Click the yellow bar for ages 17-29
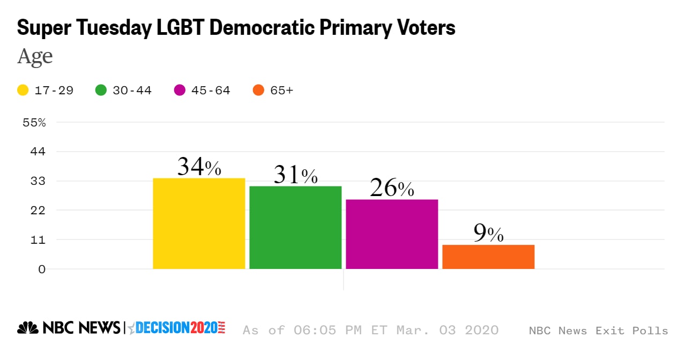tap(199, 223)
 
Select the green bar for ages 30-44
tap(295, 227)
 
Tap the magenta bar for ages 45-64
tap(392, 234)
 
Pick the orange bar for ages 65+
tap(488, 257)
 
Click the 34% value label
tap(199, 168)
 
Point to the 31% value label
tap(295, 175)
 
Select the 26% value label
tap(392, 188)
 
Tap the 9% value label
tap(488, 234)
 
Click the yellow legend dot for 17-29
tap(23, 91)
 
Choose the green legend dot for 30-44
tap(101, 91)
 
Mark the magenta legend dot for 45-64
tap(180, 91)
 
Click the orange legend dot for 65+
tap(258, 91)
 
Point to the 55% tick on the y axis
tap(34, 123)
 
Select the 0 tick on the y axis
tap(42, 269)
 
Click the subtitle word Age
tap(35, 56)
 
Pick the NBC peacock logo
tap(28, 328)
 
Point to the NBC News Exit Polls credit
tap(598, 331)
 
